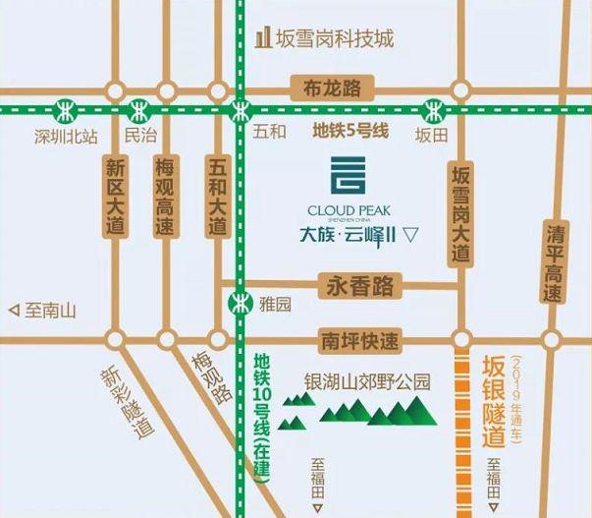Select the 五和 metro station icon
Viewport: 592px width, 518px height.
coord(241,108)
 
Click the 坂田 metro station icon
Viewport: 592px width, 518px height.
coord(431,108)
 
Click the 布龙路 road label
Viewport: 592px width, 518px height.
coord(330,87)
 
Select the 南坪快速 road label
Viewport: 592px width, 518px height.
coord(359,342)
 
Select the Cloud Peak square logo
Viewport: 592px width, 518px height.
coord(350,176)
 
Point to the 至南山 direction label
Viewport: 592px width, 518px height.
coord(42,311)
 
